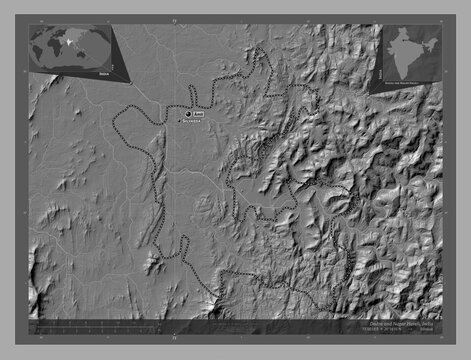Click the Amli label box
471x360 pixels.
pyautogui.click(x=198, y=115)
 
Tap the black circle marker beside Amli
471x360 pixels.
pyautogui.click(x=187, y=115)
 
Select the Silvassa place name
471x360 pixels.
pyautogui.click(x=196, y=124)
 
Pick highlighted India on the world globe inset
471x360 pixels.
pyautogui.click(x=68, y=43)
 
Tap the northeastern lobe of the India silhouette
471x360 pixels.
pyautogui.click(x=431, y=44)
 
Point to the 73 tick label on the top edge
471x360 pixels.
pyautogui.click(x=174, y=19)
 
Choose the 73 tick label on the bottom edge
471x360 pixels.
pyautogui.click(x=174, y=338)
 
